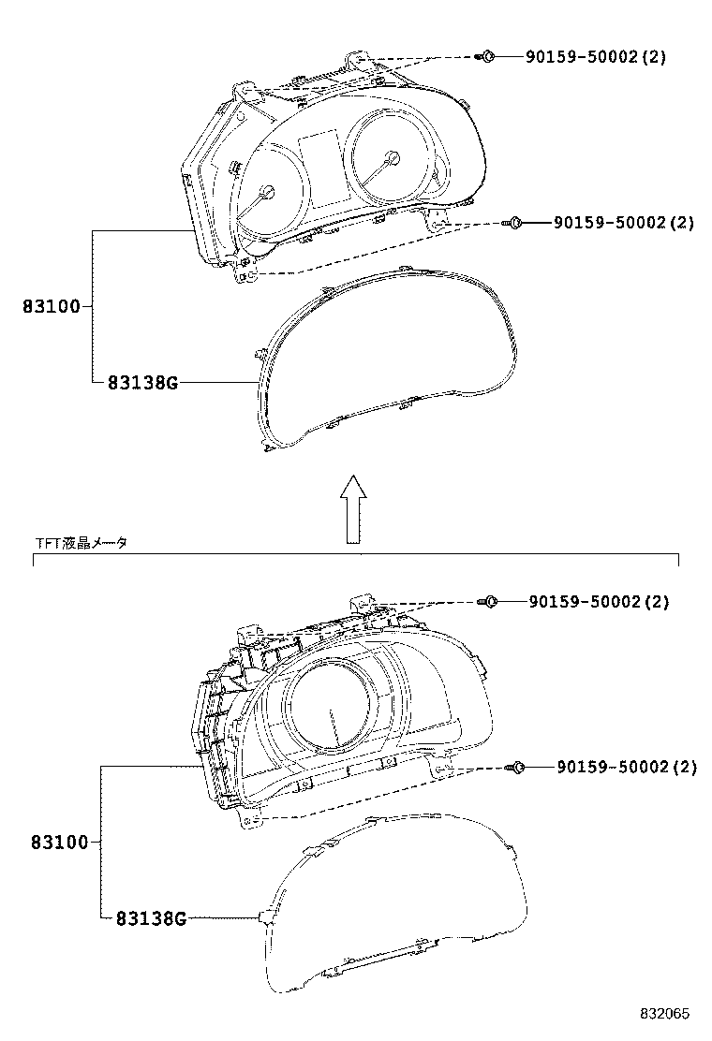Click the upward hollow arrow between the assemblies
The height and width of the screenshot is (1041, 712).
click(x=353, y=509)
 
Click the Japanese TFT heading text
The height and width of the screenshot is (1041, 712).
click(x=81, y=543)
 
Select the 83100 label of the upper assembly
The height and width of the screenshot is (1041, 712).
click(x=52, y=307)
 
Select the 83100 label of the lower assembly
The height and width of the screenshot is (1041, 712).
click(x=59, y=843)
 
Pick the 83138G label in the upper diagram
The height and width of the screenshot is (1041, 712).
click(x=142, y=382)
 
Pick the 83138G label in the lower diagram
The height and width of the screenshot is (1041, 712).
click(x=151, y=918)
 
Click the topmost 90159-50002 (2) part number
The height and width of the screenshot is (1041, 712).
click(x=596, y=56)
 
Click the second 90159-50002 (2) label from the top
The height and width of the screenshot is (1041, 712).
click(x=624, y=223)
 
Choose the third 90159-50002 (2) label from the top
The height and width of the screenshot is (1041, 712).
click(x=599, y=602)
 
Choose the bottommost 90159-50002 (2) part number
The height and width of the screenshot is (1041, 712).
click(x=627, y=768)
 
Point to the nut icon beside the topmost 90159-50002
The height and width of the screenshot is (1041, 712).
click(x=485, y=56)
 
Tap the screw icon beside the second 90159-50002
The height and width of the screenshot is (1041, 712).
click(x=512, y=223)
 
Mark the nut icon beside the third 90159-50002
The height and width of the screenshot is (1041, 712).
click(x=487, y=602)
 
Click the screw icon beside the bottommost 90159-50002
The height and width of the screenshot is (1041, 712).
click(x=515, y=768)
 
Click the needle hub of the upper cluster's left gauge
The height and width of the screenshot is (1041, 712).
click(x=268, y=192)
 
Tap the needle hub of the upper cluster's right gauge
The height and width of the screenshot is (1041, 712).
click(x=392, y=159)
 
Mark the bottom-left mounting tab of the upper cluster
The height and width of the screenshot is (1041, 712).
click(x=246, y=273)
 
